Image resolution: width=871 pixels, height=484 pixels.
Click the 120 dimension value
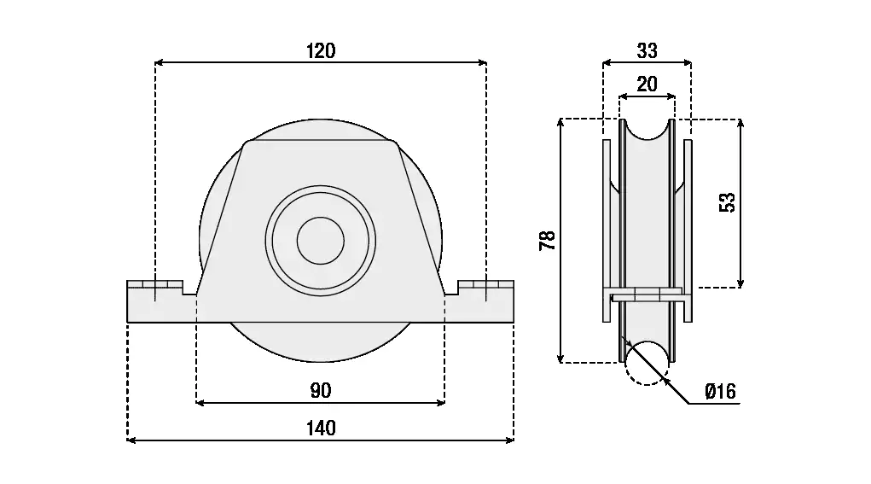pos(321,51)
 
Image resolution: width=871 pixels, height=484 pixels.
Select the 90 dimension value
pos(321,391)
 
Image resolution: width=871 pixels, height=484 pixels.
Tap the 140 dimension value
pos(321,429)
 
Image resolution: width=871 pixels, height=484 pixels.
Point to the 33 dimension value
pos(647,51)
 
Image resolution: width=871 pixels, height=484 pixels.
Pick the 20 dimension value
pos(647,85)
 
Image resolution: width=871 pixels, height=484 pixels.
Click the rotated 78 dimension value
pos(548,241)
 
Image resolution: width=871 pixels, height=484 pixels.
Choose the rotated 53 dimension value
pos(727,202)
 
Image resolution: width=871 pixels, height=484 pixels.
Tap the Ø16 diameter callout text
pos(721,392)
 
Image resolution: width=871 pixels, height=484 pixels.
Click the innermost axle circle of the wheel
pos(320,240)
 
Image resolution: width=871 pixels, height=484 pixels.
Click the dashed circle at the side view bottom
pos(647,362)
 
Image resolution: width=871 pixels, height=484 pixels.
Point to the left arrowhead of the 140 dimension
pos(131,440)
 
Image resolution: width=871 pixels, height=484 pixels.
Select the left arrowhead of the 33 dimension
pos(607,62)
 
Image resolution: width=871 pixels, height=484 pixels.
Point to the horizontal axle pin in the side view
pos(647,295)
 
